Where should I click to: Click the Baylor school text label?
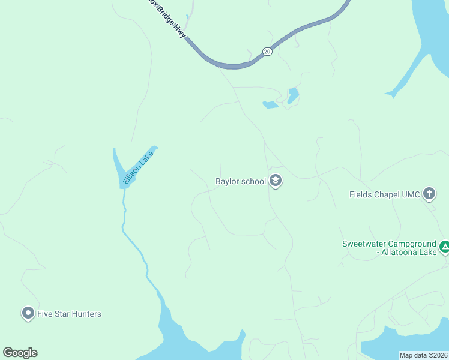coord(241,181)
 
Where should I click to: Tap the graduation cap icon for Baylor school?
coord(276,181)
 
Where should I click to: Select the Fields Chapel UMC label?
coord(384,194)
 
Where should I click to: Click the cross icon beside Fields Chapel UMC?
coord(429,194)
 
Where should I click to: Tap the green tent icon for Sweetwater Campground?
coord(445,246)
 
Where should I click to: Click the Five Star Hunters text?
coord(69,314)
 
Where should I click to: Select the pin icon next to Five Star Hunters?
coord(28,313)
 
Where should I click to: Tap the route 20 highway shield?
coord(267,52)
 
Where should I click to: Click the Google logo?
coord(20,353)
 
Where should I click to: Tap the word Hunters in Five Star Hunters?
coord(85,314)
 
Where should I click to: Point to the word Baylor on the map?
coord(228,181)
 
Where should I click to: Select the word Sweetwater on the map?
coord(363,244)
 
